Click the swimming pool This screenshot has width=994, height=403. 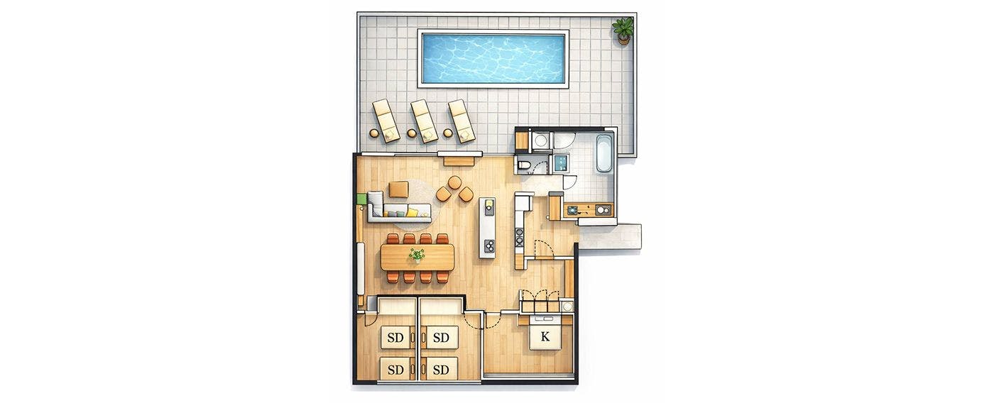tap(493, 58)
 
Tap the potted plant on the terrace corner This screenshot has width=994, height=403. tap(623, 31)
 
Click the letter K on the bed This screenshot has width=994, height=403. tap(545, 336)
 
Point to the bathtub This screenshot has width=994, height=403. tap(603, 153)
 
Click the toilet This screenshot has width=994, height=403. tap(525, 165)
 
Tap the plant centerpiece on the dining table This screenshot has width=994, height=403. tap(417, 255)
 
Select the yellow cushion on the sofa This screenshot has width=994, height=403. tap(102, 212)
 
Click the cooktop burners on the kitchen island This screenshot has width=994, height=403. tap(488, 245)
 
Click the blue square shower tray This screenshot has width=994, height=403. tap(562, 163)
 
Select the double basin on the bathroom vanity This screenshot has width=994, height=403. tap(602, 209)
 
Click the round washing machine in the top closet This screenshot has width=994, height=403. tap(540, 140)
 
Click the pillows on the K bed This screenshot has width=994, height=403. tap(545, 319)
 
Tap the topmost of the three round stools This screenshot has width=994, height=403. tap(454, 182)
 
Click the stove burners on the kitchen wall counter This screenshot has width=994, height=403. tap(518, 236)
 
